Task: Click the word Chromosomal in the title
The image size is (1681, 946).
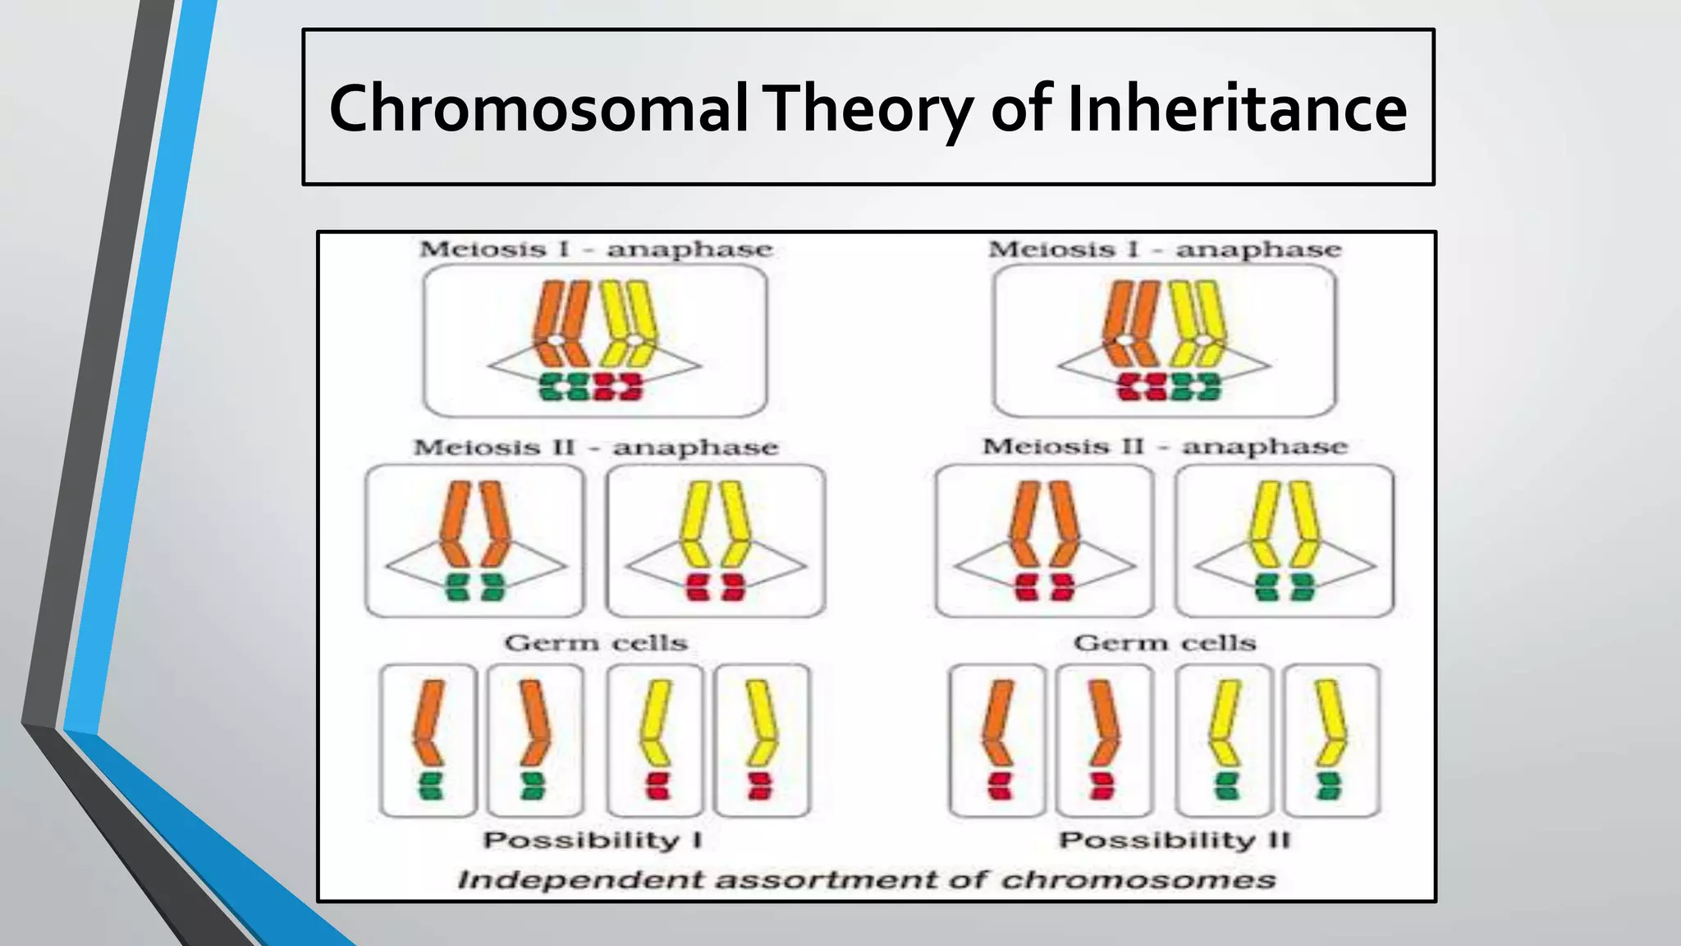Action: click(538, 108)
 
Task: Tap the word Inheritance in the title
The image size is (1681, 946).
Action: click(1237, 108)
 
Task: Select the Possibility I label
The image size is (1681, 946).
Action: click(593, 840)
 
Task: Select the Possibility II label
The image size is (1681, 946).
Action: click(1175, 840)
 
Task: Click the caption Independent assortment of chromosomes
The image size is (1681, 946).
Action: click(867, 879)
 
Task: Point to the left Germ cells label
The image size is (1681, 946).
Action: click(596, 642)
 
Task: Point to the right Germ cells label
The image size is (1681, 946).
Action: click(1165, 642)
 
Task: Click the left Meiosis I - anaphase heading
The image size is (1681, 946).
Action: click(596, 249)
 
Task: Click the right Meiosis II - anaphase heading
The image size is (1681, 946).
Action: click(1165, 447)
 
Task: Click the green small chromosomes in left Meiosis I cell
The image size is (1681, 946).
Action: click(564, 387)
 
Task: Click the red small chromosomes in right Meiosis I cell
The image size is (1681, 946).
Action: click(1142, 387)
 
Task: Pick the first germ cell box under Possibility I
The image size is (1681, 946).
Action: click(428, 741)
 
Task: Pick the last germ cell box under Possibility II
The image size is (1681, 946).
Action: click(1332, 741)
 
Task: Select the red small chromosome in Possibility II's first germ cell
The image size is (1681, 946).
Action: click(999, 786)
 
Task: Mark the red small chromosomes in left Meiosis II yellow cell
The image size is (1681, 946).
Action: click(714, 587)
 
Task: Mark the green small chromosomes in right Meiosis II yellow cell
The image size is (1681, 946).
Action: click(1285, 587)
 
